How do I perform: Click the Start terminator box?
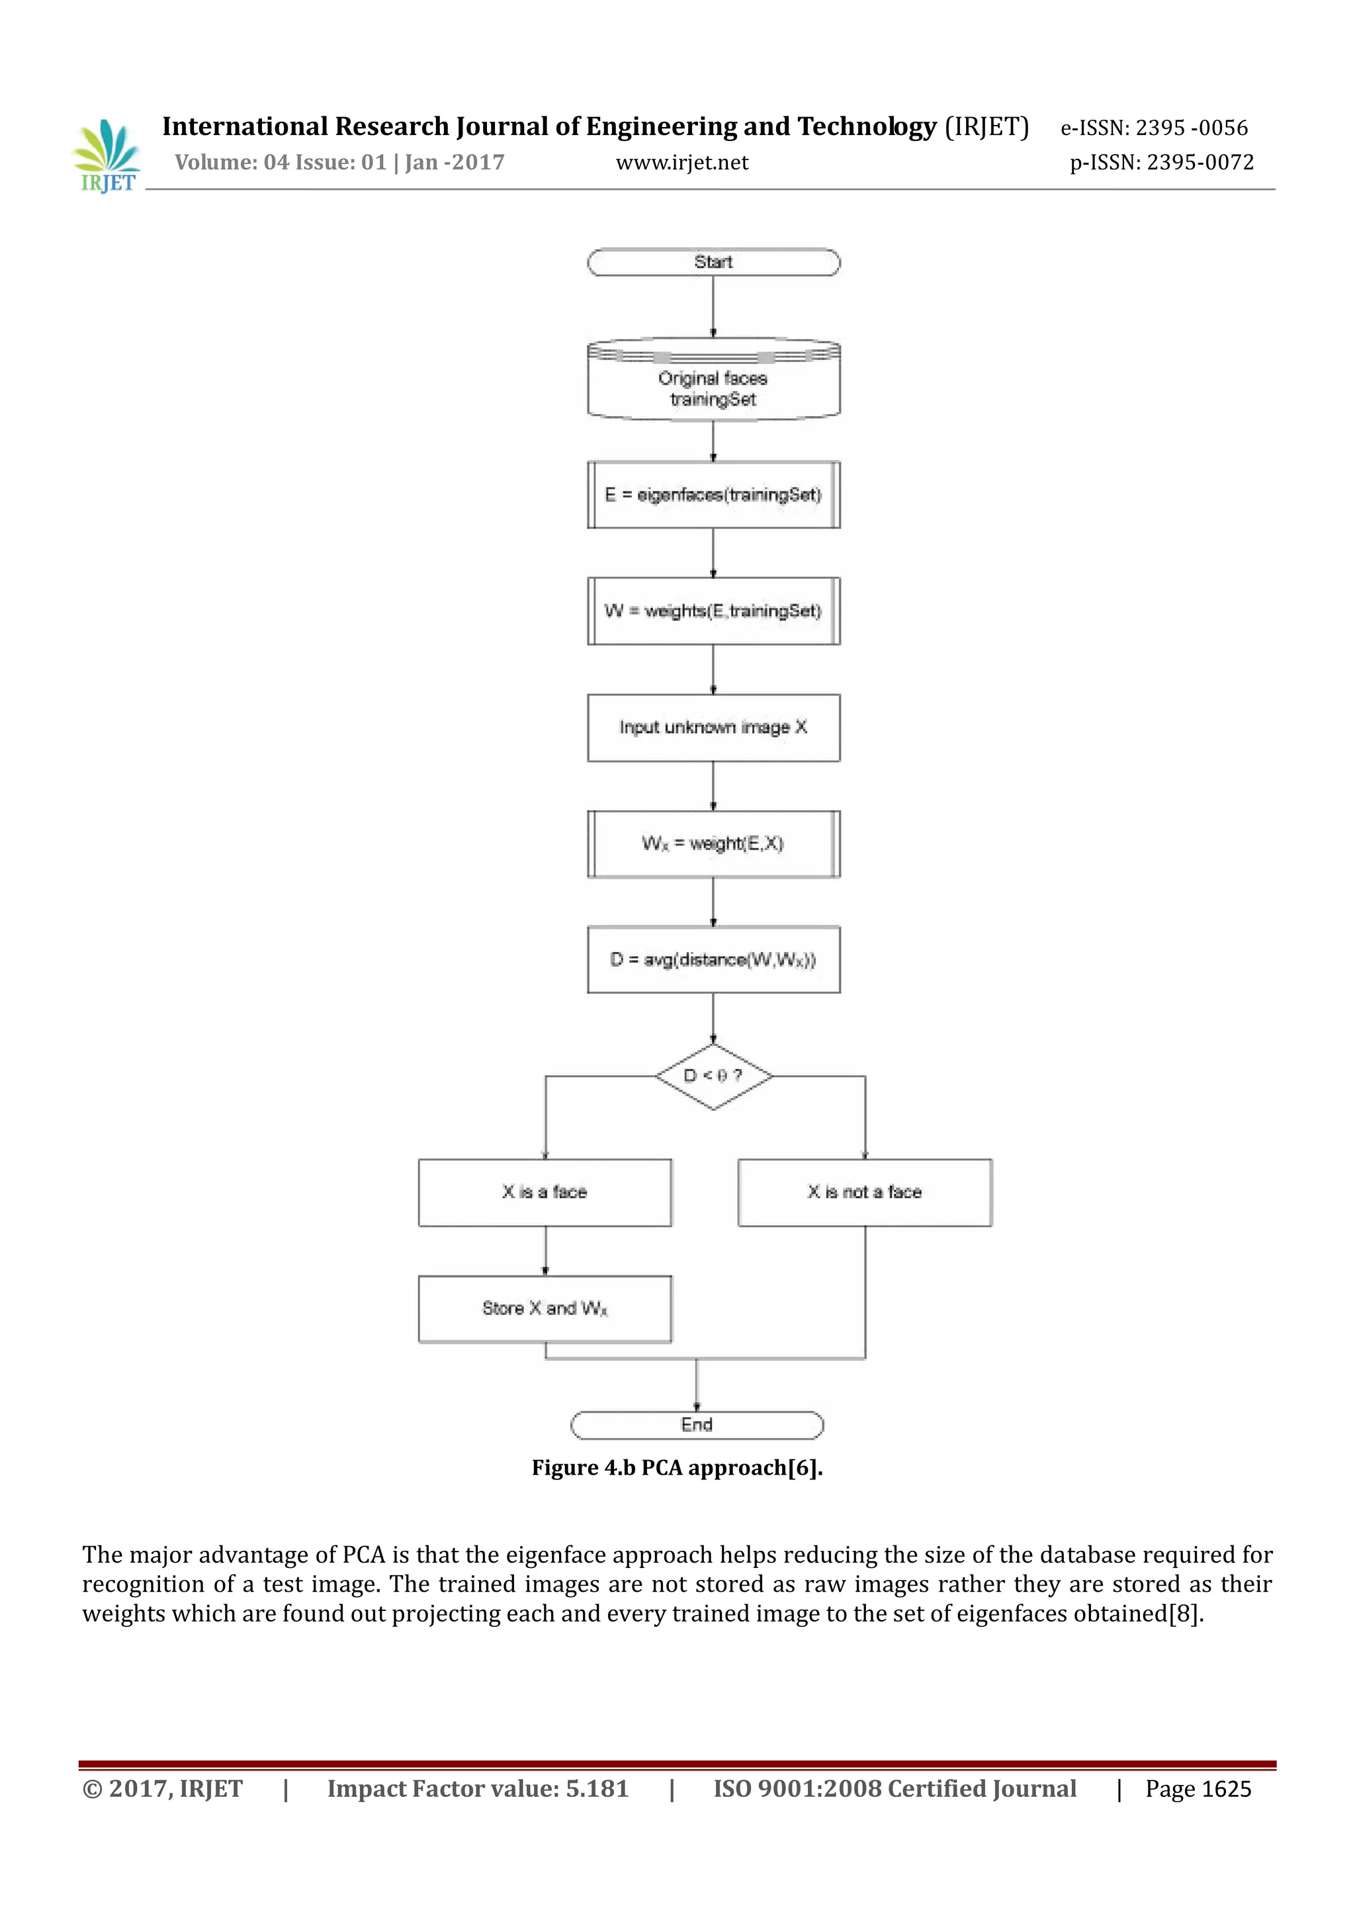click(x=713, y=262)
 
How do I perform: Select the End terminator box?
click(x=697, y=1424)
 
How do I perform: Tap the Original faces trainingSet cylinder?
click(x=713, y=380)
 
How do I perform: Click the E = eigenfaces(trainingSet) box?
click(x=713, y=495)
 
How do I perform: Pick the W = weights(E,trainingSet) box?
click(x=713, y=611)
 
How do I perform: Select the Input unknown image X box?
click(x=713, y=727)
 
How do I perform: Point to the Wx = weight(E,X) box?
click(x=713, y=844)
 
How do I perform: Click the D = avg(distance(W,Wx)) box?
click(x=713, y=960)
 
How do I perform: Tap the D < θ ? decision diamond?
click(x=713, y=1076)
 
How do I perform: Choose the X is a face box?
click(x=545, y=1192)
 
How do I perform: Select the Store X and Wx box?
click(x=545, y=1309)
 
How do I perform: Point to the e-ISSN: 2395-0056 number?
click(x=1154, y=128)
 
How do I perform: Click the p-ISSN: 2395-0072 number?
click(x=1161, y=163)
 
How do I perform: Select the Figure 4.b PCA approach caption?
click(x=677, y=1468)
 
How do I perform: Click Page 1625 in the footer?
click(x=1198, y=1789)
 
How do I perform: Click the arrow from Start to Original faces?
click(x=713, y=306)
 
